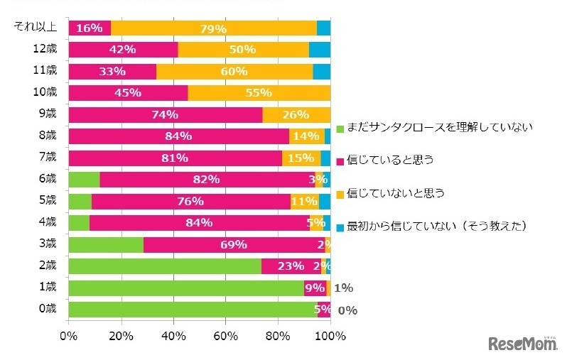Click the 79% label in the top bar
[x=213, y=28]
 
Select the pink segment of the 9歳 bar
[x=166, y=115]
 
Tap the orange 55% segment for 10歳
[x=259, y=93]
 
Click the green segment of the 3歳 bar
[x=106, y=245]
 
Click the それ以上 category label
[x=38, y=27]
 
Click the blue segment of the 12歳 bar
[x=320, y=50]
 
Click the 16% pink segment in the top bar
[x=90, y=28]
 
